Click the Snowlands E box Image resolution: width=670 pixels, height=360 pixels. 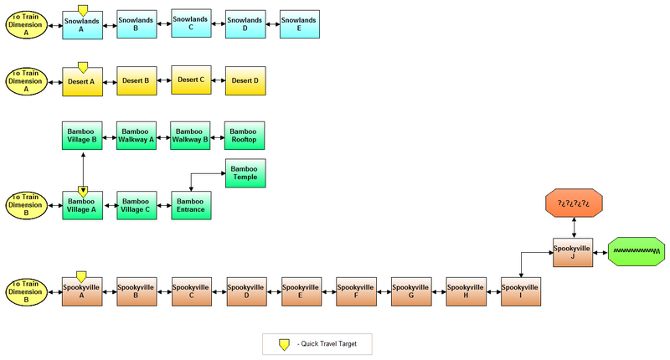(299, 24)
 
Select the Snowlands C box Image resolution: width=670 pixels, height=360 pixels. (191, 23)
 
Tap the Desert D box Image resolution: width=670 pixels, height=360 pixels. (245, 80)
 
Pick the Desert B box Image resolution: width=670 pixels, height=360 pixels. (136, 80)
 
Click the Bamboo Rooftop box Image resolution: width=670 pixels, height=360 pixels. (244, 136)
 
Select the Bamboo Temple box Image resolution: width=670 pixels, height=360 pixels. (244, 173)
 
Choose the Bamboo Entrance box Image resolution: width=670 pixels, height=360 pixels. (191, 205)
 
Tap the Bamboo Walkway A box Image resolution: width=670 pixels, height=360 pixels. (136, 136)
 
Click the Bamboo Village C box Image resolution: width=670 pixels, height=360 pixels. (136, 205)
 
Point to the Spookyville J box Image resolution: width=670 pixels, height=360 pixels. (574, 252)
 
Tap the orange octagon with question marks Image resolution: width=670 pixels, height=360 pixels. (574, 203)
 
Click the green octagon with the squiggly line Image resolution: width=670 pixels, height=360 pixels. (636, 251)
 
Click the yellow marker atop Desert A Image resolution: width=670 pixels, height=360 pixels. (82, 65)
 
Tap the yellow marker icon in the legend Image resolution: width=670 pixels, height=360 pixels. (285, 343)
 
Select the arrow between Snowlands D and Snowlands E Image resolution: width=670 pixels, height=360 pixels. (271, 25)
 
